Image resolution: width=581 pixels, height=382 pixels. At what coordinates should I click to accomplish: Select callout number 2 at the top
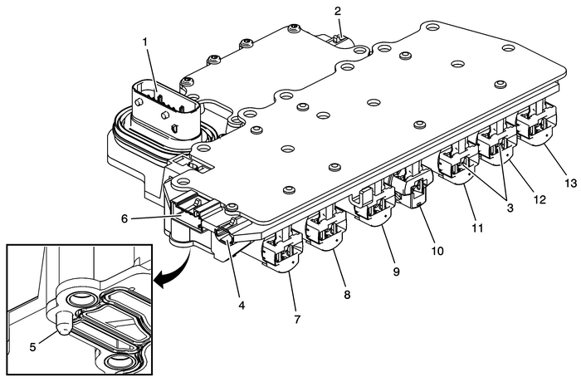(338, 11)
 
